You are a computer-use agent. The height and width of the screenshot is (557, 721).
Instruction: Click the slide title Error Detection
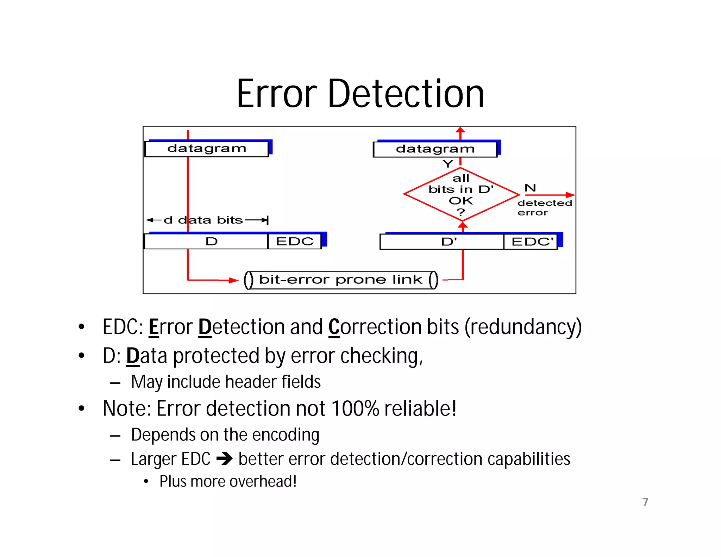point(360,94)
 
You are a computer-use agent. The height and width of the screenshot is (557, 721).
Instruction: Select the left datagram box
point(207,149)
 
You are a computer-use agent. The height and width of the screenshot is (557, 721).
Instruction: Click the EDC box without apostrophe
point(295,242)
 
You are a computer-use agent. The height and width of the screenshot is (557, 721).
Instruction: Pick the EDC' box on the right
point(531,242)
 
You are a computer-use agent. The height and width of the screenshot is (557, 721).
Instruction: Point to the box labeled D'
point(442,242)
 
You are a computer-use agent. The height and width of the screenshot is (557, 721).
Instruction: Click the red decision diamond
point(461,194)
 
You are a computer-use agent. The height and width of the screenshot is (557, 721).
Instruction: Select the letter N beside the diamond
point(530,188)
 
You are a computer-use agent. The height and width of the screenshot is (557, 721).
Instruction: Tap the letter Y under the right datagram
point(448,164)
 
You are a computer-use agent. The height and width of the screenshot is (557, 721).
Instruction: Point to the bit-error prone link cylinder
point(341,280)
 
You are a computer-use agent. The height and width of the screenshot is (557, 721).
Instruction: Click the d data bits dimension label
point(207,220)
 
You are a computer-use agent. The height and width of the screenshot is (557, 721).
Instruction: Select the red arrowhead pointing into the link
point(233,280)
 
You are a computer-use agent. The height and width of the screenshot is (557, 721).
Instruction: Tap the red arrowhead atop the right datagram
point(460,131)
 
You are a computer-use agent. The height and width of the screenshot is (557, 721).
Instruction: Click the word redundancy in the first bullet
point(522,327)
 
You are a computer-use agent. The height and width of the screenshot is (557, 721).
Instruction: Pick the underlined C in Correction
point(334,327)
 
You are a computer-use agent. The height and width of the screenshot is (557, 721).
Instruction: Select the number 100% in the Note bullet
point(355,409)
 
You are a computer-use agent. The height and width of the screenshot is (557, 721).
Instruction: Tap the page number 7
point(645,502)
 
